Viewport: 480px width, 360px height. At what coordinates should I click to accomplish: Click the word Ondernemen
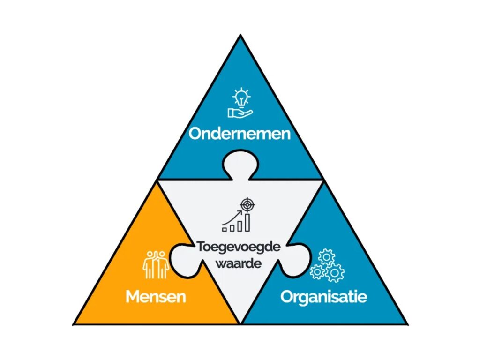pyautogui.click(x=240, y=134)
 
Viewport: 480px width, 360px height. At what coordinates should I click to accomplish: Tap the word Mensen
pyautogui.click(x=155, y=296)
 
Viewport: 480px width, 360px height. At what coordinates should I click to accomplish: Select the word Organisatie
pyautogui.click(x=323, y=296)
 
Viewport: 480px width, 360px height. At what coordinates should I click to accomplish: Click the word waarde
pyautogui.click(x=238, y=263)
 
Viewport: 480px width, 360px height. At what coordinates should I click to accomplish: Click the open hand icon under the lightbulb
pyautogui.click(x=239, y=112)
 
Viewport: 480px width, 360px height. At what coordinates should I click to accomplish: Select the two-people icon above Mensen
pyautogui.click(x=155, y=264)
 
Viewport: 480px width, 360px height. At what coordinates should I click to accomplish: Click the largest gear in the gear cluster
pyautogui.click(x=335, y=272)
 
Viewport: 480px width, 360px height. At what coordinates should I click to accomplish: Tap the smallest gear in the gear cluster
pyautogui.click(x=317, y=272)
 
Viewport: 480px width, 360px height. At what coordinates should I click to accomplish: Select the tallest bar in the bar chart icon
pyautogui.click(x=247, y=223)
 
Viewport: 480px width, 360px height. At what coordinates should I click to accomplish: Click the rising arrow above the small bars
pyautogui.click(x=232, y=217)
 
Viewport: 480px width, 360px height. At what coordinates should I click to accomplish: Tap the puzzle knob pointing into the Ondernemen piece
pyautogui.click(x=240, y=164)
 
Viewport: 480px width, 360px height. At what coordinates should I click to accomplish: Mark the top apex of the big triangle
pyautogui.click(x=240, y=36)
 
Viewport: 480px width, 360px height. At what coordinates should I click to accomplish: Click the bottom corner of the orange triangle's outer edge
pyautogui.click(x=75, y=324)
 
